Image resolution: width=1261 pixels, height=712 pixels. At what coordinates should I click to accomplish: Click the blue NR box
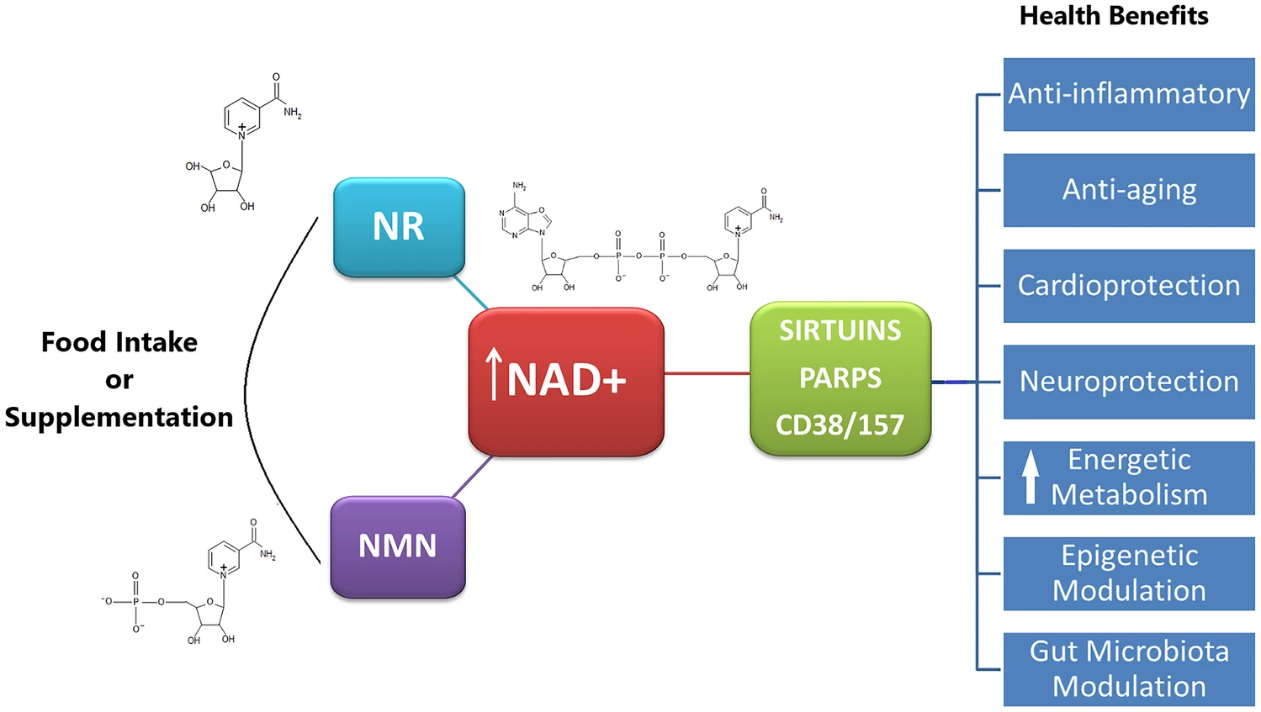(399, 227)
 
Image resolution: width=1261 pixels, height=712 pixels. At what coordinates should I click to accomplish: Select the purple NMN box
(397, 546)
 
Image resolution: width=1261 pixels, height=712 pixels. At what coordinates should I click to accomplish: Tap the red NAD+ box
(566, 382)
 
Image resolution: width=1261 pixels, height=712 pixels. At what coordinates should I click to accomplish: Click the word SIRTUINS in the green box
(840, 330)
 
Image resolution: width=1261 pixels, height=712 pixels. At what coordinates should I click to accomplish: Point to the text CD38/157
(840, 425)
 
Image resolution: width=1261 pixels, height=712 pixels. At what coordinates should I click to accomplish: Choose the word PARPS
(840, 378)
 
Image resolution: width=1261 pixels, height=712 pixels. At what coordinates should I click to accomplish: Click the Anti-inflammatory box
(1129, 94)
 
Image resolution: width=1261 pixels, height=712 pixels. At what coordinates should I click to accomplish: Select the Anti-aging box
(1129, 190)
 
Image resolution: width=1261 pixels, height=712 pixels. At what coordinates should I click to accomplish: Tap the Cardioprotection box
(1129, 286)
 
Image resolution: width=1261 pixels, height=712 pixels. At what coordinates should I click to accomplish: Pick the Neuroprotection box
(1129, 382)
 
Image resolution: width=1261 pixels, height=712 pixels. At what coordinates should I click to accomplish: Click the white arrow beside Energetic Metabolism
(1031, 477)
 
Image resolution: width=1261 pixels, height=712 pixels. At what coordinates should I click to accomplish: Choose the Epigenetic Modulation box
(1129, 573)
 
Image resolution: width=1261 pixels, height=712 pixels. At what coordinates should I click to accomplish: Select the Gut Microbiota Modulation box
(1129, 669)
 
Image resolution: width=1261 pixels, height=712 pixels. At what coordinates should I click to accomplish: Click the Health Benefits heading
(1114, 16)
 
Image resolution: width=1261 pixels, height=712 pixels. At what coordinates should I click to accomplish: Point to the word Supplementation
(119, 417)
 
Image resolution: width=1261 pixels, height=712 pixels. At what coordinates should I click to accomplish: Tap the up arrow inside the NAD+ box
(494, 374)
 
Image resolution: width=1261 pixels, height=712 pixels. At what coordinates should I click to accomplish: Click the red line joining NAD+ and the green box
(707, 373)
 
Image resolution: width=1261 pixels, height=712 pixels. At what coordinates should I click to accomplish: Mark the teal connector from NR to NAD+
(471, 293)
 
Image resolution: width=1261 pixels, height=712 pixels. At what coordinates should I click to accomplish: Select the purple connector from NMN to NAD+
(472, 477)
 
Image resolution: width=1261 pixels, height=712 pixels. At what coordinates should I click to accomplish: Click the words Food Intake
(119, 342)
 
